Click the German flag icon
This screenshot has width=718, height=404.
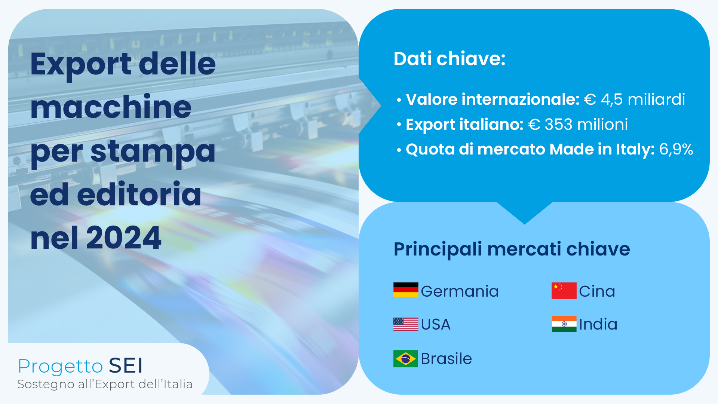tap(406, 290)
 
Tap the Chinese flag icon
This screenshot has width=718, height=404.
tap(564, 291)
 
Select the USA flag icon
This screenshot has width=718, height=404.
tap(406, 324)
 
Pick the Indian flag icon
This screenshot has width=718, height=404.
tap(564, 324)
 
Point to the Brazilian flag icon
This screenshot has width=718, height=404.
tap(406, 359)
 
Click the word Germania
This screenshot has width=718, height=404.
tap(460, 291)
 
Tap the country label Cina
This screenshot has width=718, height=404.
tap(597, 291)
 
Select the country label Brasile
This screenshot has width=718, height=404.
tap(446, 359)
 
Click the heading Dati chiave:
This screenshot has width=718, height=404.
tap(449, 59)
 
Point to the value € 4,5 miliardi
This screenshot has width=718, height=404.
tap(634, 100)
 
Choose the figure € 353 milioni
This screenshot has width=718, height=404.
tap(578, 125)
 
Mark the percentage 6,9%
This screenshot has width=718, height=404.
tap(676, 149)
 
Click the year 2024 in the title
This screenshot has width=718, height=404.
tap(124, 238)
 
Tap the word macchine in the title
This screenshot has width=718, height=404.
tap(111, 107)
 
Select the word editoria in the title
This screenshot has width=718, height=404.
tap(139, 195)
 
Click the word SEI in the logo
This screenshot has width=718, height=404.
tap(126, 366)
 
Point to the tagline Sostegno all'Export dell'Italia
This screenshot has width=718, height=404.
tap(105, 384)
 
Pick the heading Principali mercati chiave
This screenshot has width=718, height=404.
tap(512, 249)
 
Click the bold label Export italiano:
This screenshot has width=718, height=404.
tap(464, 125)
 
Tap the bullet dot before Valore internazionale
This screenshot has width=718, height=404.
tap(399, 100)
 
